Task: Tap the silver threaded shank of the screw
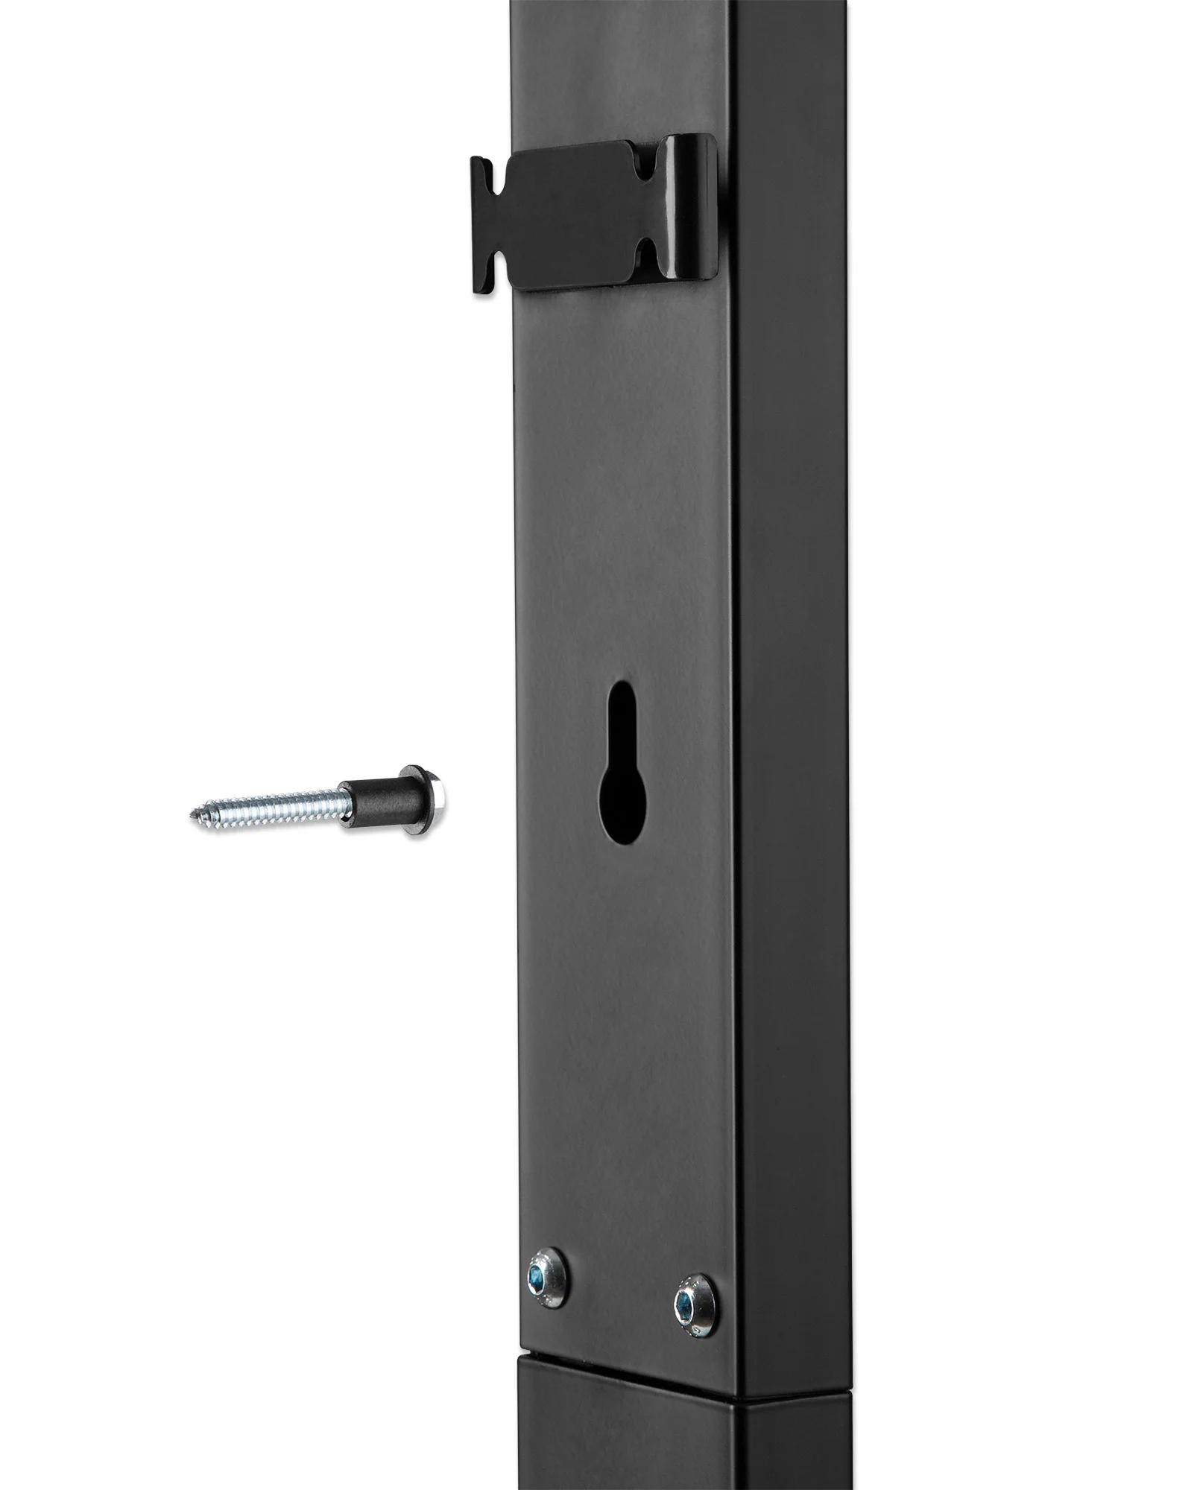(x=276, y=805)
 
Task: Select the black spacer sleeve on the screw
(x=370, y=799)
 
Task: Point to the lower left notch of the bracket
(x=498, y=257)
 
